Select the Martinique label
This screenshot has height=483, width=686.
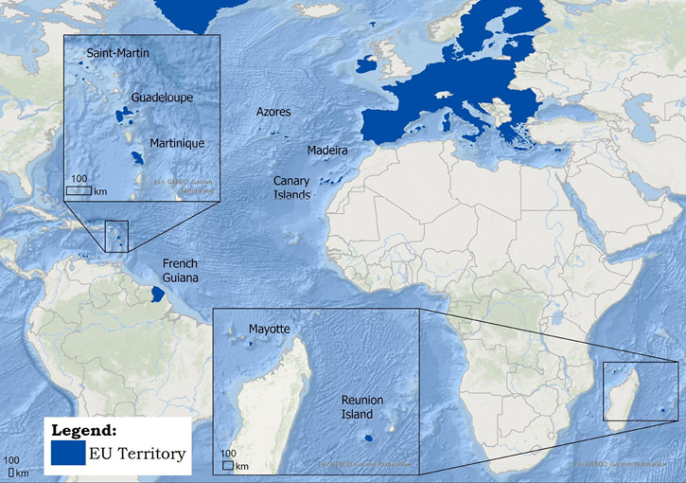[177, 143]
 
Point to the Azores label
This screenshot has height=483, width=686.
[273, 112]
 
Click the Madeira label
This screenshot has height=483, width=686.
[327, 151]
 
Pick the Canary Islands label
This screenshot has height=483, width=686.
[292, 188]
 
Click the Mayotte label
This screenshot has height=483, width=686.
[270, 330]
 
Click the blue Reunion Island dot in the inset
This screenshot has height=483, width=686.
[367, 438]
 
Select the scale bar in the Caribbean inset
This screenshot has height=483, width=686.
[79, 190]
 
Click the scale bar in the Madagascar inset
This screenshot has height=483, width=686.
[228, 465]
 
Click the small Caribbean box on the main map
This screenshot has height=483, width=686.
[116, 236]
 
